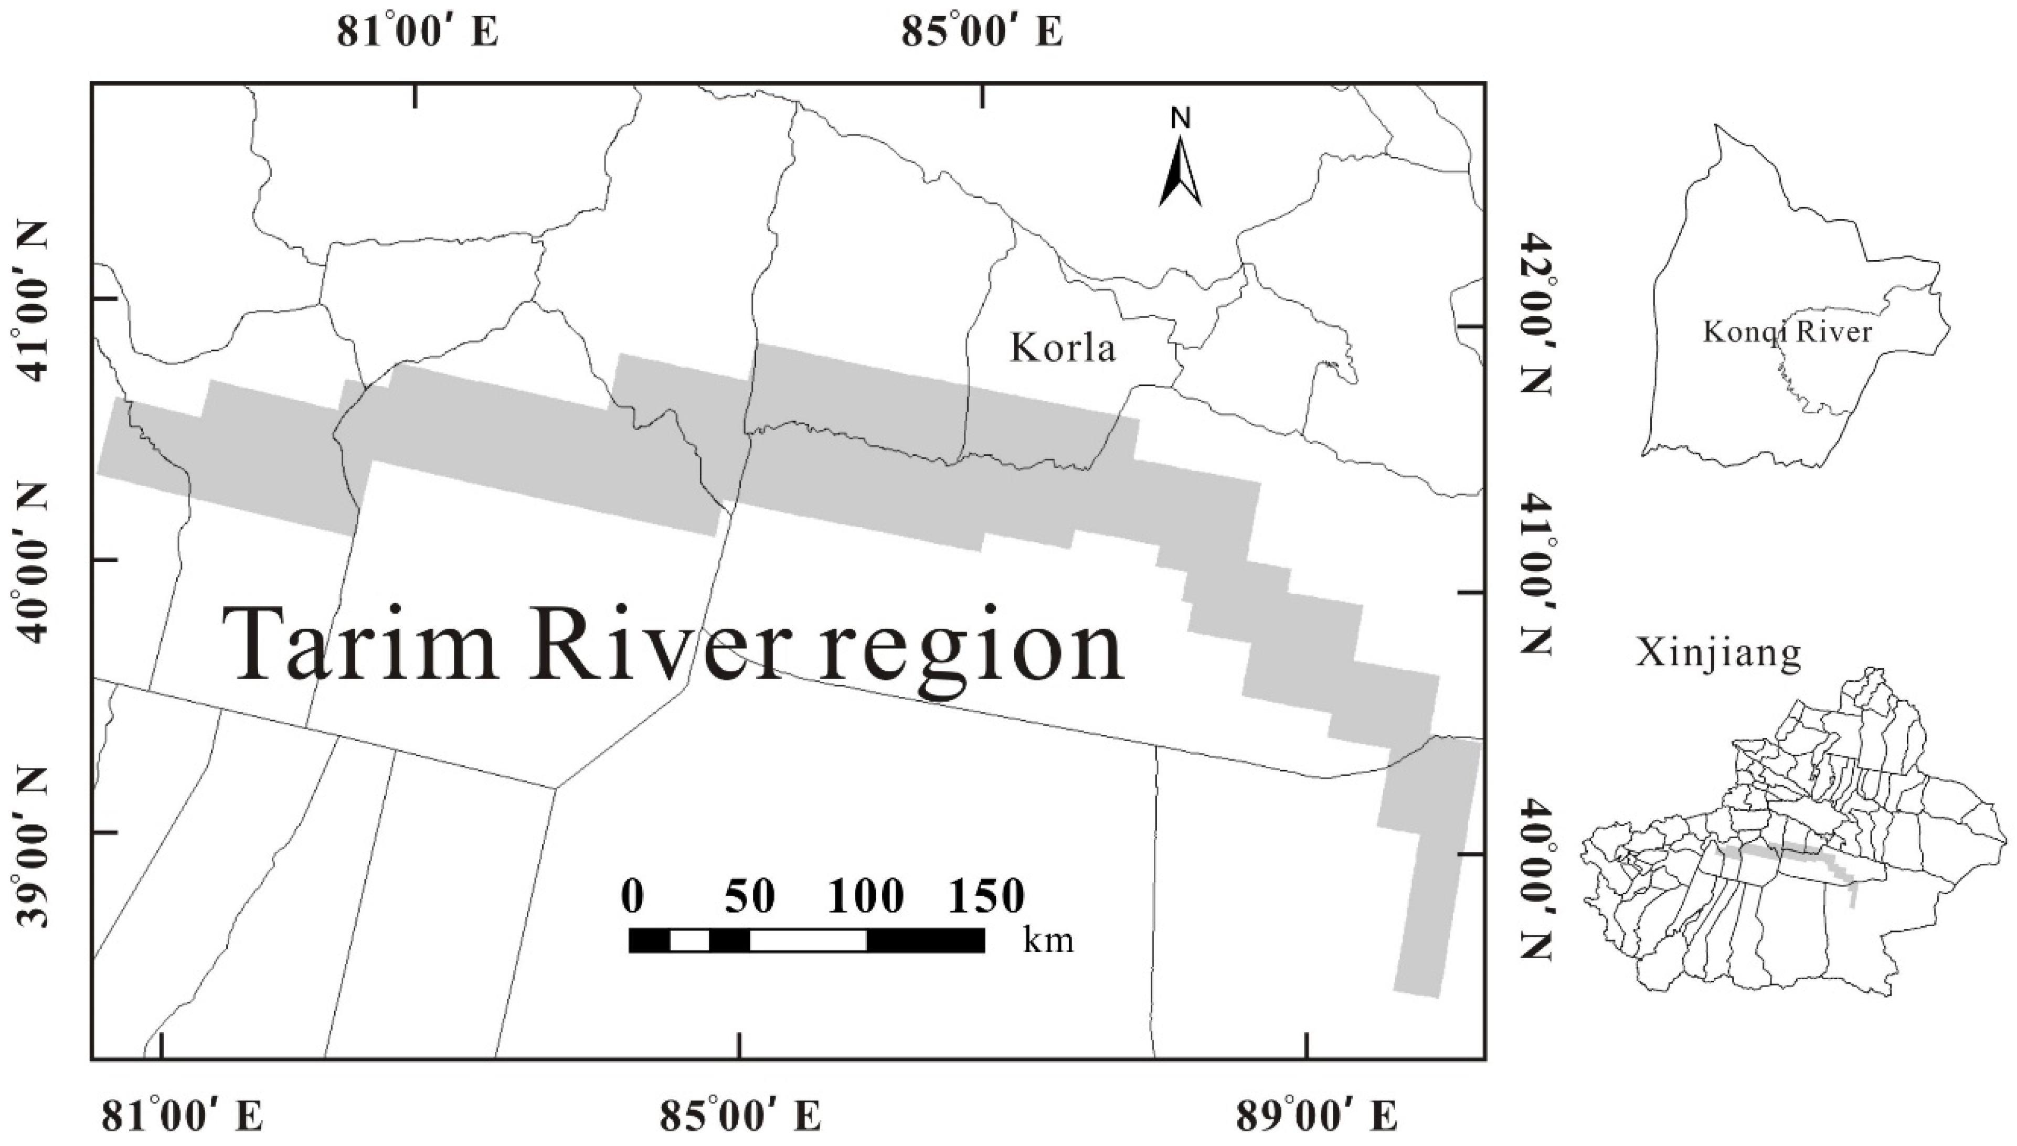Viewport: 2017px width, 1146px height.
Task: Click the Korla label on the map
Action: tap(1063, 347)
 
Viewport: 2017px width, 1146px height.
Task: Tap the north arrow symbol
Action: tap(1180, 173)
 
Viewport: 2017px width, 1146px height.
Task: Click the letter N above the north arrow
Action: tap(1180, 118)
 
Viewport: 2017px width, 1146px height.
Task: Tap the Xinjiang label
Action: tap(1718, 652)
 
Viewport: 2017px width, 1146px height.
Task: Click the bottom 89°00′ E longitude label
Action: tap(1317, 1116)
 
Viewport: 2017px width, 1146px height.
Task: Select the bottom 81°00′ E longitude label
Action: tap(183, 1116)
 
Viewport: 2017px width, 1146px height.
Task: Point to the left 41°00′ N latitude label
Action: tap(31, 301)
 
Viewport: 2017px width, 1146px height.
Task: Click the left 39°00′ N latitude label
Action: tap(31, 847)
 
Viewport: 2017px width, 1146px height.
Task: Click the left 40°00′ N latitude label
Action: tap(31, 561)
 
